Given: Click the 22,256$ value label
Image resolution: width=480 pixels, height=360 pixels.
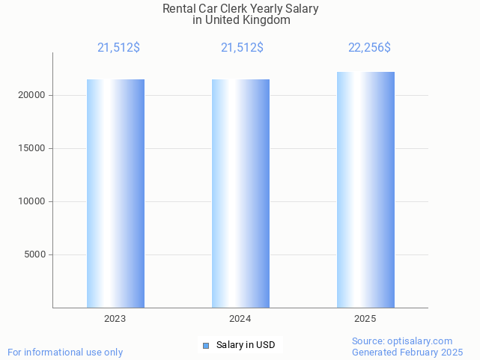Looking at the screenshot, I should [369, 48].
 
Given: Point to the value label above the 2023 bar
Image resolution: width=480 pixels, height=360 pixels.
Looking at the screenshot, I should [118, 48].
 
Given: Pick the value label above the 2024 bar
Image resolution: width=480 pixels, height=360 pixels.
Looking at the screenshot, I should [242, 48].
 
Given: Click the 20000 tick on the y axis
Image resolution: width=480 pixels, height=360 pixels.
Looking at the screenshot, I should [32, 95].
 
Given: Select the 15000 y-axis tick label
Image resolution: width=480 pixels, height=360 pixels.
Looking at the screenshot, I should [32, 148].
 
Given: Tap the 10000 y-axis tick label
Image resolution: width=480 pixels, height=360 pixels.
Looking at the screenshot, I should [32, 201].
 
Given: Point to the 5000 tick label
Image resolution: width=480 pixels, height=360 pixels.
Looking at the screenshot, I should [35, 254].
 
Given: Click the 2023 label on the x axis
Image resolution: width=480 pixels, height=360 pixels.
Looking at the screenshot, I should [115, 319].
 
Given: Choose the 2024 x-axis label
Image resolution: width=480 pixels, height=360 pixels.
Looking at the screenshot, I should [240, 319].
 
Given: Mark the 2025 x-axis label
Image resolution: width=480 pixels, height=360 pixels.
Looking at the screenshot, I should [365, 319].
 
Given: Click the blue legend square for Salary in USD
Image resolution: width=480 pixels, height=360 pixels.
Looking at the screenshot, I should [206, 345].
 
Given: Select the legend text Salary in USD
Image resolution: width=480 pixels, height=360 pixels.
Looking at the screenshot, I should [246, 345].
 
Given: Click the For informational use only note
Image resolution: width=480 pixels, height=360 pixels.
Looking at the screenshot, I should [65, 352].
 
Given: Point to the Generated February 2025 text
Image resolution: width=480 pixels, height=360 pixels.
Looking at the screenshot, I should [407, 352].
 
